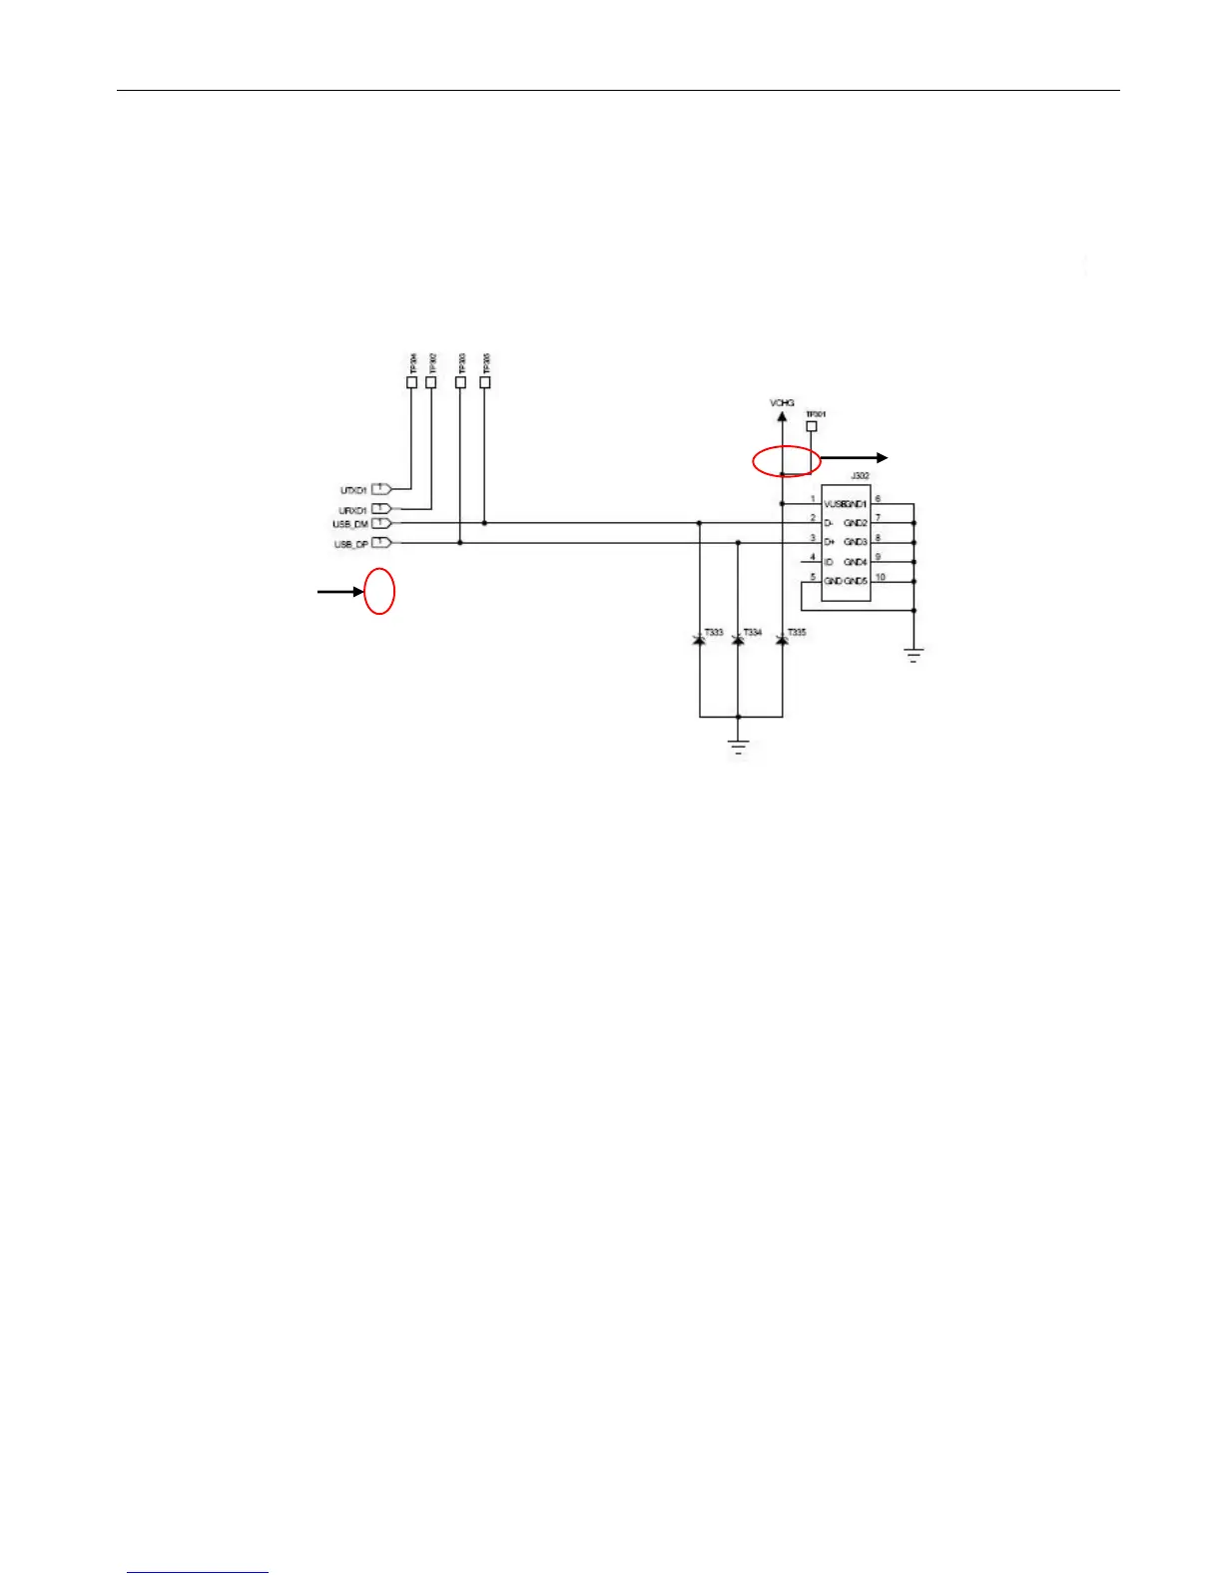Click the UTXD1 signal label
pos(353,490)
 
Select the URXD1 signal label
pos(352,510)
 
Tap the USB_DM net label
pos(350,524)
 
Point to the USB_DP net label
pos(350,544)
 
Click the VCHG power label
pos(782,403)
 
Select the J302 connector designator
pos(860,477)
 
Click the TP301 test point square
pos(811,426)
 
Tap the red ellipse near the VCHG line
pos(786,461)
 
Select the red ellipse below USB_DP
pos(379,591)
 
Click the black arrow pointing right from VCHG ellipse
pos(855,458)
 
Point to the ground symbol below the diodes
pos(739,748)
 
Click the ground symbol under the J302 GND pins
pos(914,655)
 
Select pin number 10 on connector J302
pos(880,577)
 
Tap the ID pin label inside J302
pos(829,562)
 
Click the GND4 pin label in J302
pos(856,562)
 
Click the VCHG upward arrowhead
pos(782,416)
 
